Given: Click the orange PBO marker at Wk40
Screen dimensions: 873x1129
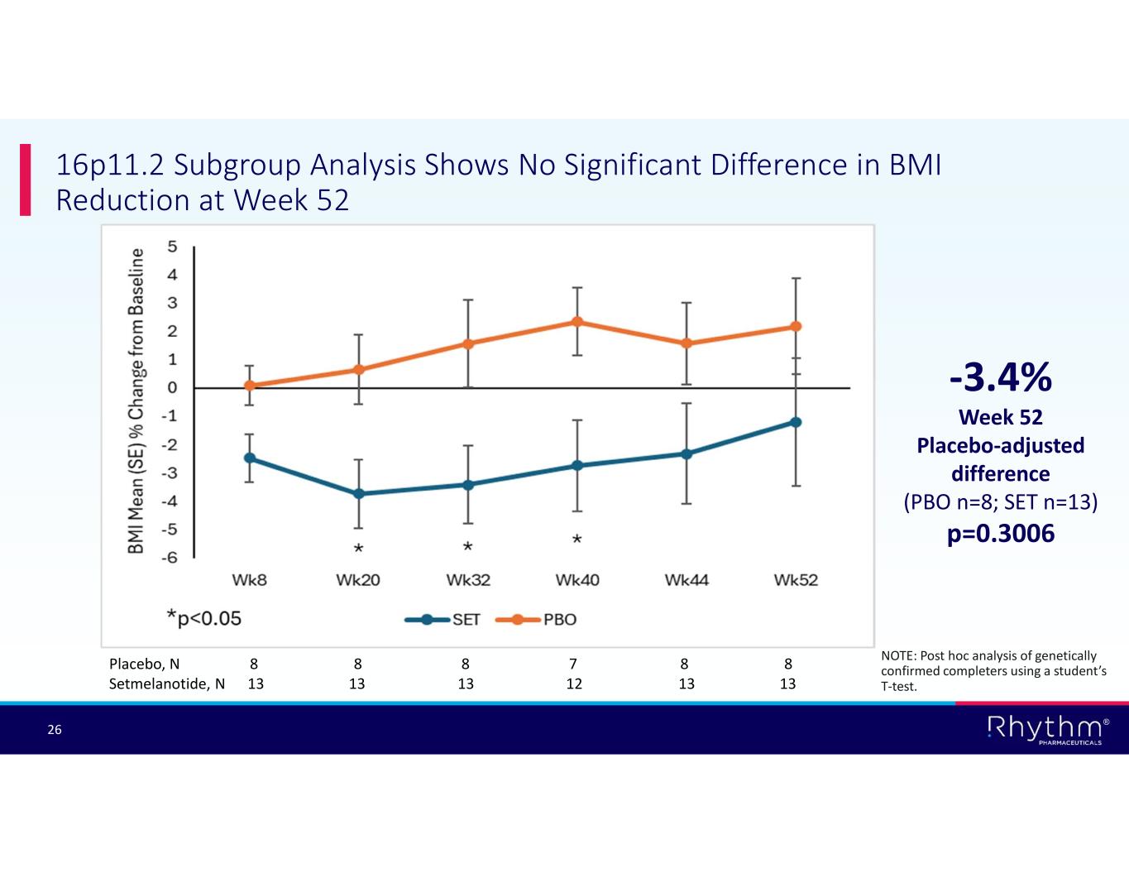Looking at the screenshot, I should pyautogui.click(x=577, y=322).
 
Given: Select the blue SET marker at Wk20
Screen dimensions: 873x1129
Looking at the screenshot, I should pyautogui.click(x=358, y=494).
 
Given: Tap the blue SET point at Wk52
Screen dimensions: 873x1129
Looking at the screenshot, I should pyautogui.click(x=796, y=422).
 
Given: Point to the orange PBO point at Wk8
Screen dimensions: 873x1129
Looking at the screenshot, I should pyautogui.click(x=249, y=386).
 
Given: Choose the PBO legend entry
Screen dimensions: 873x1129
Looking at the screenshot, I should pyautogui.click(x=537, y=620).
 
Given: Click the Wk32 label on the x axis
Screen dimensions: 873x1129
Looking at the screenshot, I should pyautogui.click(x=468, y=580).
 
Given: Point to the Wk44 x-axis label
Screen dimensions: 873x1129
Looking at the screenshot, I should pyautogui.click(x=686, y=580).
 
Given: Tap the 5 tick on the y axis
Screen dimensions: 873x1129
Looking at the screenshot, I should pyautogui.click(x=172, y=247).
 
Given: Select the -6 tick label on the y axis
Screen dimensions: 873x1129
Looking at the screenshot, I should pyautogui.click(x=169, y=558).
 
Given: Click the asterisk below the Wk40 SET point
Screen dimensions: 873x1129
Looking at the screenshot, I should pyautogui.click(x=577, y=540).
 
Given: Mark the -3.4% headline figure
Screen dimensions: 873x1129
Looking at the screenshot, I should pyautogui.click(x=1000, y=378).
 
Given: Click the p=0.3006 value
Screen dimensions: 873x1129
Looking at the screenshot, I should pyautogui.click(x=1000, y=534).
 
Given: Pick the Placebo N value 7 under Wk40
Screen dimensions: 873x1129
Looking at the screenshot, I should pyautogui.click(x=573, y=664).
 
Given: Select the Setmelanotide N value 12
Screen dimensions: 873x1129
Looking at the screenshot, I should pyautogui.click(x=573, y=684).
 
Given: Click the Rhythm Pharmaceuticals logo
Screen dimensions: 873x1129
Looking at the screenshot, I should pyautogui.click(x=1047, y=729).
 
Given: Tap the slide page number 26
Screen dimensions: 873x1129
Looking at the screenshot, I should pyautogui.click(x=55, y=730).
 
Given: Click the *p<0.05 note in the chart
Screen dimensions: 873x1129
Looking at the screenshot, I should pyautogui.click(x=203, y=617).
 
